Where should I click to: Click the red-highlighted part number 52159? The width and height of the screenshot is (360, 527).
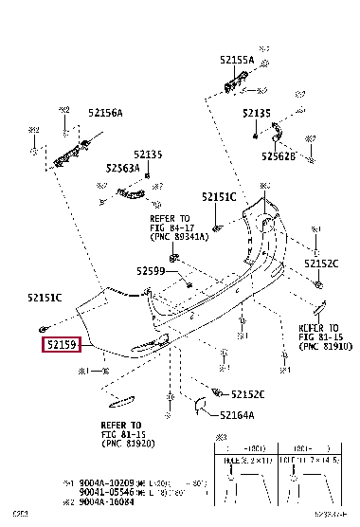click(60, 346)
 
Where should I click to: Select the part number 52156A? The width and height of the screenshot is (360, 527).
click(104, 113)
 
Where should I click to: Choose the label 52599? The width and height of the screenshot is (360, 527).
click(151, 270)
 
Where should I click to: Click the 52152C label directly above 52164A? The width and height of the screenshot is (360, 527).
click(245, 393)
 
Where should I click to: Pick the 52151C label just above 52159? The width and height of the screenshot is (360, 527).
click(45, 299)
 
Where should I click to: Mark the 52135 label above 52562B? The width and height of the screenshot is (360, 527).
click(257, 112)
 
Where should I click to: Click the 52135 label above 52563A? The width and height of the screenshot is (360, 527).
click(147, 154)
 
